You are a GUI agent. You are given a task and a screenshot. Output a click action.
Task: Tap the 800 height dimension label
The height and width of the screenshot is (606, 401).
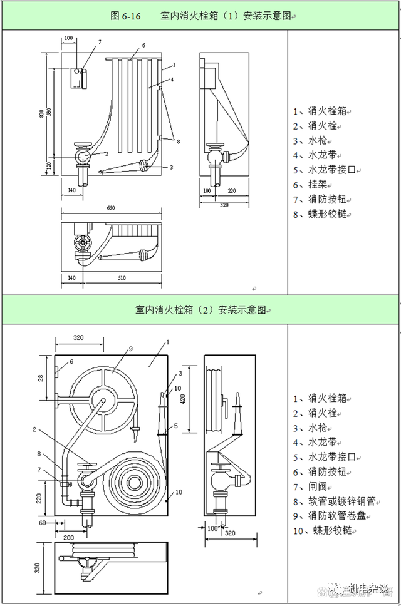(x=42, y=114)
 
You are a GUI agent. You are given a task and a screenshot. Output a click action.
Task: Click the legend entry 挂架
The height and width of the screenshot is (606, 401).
(x=318, y=185)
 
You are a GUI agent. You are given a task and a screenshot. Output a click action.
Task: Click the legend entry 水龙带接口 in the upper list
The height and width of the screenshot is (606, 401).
(x=327, y=170)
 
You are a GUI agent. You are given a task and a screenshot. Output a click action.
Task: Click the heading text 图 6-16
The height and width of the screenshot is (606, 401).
(x=125, y=16)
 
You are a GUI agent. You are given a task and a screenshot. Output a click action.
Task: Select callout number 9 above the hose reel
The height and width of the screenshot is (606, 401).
(x=131, y=349)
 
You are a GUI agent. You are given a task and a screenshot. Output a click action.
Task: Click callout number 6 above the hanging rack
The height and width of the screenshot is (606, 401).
(x=143, y=46)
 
